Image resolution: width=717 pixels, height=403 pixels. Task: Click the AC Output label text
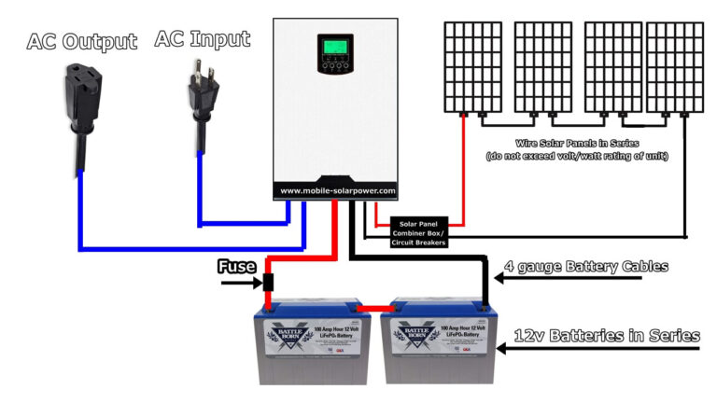coord(82,41)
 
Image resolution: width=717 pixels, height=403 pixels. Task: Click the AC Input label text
coord(203,39)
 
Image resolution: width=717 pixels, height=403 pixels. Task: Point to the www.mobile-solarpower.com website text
coord(338,190)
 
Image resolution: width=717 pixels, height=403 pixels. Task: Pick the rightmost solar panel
coord(682,65)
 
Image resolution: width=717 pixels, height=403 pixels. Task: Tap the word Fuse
coord(236,267)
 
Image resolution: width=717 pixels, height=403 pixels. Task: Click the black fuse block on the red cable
coord(268,280)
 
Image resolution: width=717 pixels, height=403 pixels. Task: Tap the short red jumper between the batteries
coord(375,307)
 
